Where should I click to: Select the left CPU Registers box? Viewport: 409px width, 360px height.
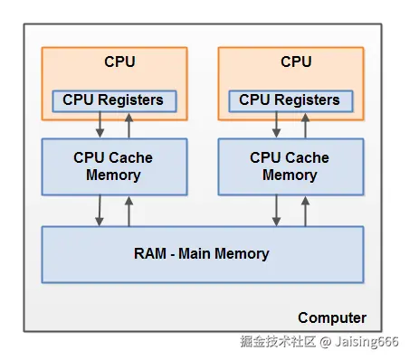[113, 99]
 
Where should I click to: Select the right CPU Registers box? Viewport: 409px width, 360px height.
[290, 99]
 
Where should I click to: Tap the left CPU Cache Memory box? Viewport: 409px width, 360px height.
[113, 166]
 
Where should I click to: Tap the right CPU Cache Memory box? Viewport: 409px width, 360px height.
[290, 166]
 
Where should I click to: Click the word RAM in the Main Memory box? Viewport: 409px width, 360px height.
[147, 254]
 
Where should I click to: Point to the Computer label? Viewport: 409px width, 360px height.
[332, 317]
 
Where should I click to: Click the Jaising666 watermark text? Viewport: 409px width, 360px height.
[368, 343]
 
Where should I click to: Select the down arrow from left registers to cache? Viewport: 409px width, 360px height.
[99, 125]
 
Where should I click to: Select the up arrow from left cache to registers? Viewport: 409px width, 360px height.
[128, 125]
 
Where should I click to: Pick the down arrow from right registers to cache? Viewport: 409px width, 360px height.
[275, 125]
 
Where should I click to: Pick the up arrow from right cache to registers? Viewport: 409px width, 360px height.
[305, 125]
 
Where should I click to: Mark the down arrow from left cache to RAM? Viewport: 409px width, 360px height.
[99, 211]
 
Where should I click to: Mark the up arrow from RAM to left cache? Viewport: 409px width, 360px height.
[128, 211]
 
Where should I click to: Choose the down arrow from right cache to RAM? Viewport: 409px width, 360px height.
[275, 211]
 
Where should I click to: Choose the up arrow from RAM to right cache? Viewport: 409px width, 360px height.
[305, 211]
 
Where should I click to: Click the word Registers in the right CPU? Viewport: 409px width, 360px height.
[308, 99]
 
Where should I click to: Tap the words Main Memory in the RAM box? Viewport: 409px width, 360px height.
[225, 254]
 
